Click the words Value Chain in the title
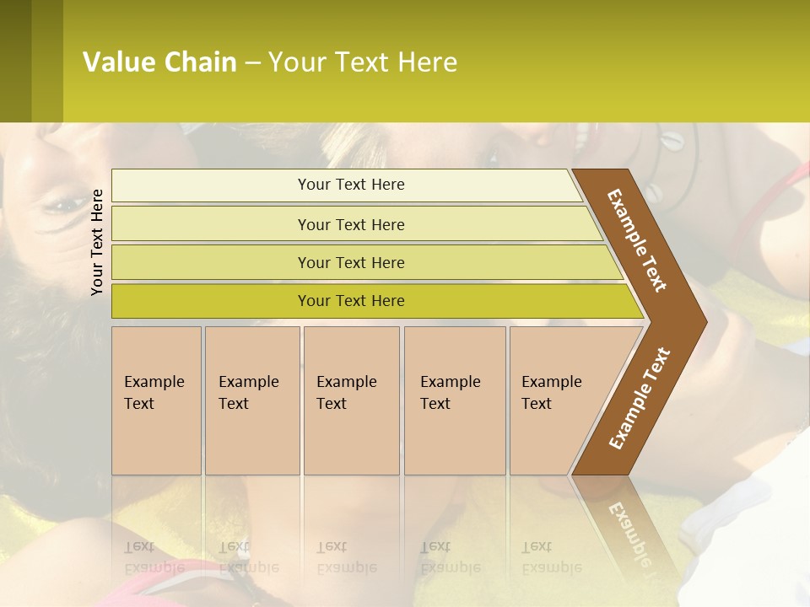click(159, 62)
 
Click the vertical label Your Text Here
click(97, 242)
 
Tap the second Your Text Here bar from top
click(351, 224)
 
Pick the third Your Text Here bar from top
click(351, 262)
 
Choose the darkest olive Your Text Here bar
click(351, 301)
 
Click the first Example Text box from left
click(156, 400)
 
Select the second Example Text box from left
click(251, 400)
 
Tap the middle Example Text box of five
click(350, 400)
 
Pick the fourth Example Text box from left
click(454, 400)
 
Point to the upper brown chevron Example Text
click(638, 239)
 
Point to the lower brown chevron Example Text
click(640, 398)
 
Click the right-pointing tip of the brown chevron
click(701, 321)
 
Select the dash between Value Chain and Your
click(252, 62)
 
